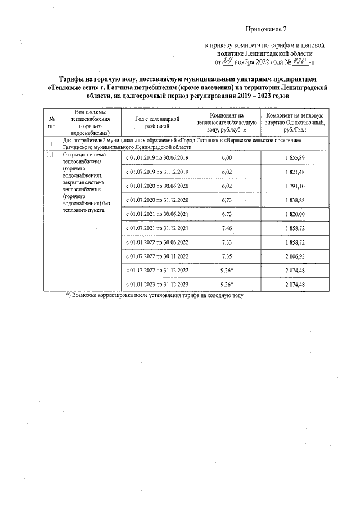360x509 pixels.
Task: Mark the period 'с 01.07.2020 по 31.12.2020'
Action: coord(156,200)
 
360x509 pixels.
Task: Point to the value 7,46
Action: coord(227,228)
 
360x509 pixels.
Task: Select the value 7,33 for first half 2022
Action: coord(227,242)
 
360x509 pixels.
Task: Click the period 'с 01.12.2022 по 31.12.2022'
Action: coord(156,271)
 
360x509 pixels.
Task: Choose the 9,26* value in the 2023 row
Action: coord(227,285)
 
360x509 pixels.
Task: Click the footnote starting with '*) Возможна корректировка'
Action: coord(155,295)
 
